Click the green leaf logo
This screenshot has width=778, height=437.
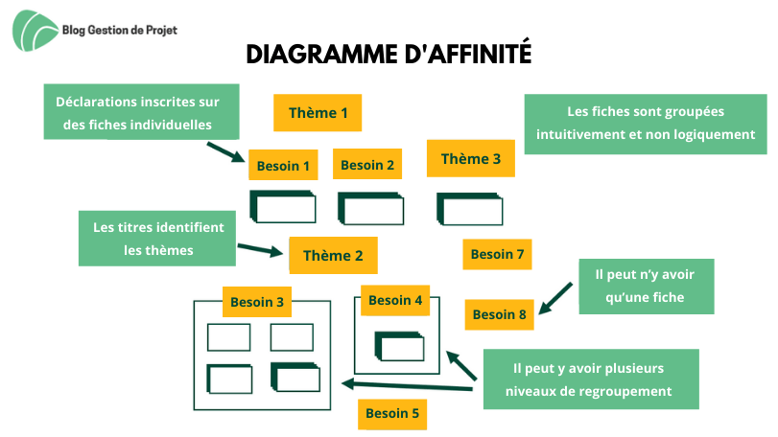(x=35, y=31)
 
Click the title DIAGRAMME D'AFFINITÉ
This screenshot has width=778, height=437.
(x=389, y=54)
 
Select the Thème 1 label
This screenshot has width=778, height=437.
(x=318, y=113)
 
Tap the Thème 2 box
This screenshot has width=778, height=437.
(x=333, y=255)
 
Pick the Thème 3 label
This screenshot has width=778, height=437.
(x=471, y=158)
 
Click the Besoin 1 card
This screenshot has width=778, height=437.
(x=283, y=165)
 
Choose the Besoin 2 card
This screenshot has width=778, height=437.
(x=367, y=165)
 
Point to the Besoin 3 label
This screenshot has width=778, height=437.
(x=257, y=302)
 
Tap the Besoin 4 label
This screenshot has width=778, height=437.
(x=395, y=300)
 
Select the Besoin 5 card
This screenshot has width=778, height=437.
(x=392, y=414)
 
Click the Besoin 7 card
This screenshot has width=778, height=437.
(x=497, y=254)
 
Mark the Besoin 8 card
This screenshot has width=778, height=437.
(x=499, y=314)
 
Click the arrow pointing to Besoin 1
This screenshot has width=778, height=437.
(x=226, y=152)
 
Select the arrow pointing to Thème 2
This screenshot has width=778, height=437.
(x=261, y=250)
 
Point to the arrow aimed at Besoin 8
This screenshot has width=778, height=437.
(x=555, y=298)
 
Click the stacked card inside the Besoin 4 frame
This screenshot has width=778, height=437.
(x=399, y=346)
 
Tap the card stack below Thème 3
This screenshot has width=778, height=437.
(x=469, y=209)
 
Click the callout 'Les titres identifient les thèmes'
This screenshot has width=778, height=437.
(x=157, y=239)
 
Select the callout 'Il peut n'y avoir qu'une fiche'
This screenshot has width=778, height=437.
(x=647, y=287)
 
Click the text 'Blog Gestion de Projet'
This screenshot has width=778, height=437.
(x=120, y=31)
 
